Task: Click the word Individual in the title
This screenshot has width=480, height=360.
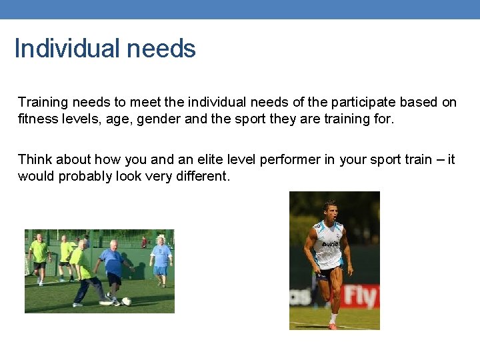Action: point(61,49)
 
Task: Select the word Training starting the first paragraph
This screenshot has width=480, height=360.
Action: point(42,102)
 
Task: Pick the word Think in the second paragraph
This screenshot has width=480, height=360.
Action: point(35,159)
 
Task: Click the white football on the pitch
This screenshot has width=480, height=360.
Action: point(126,301)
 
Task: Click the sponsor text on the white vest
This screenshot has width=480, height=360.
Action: point(331,244)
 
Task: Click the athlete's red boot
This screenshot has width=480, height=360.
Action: point(333,326)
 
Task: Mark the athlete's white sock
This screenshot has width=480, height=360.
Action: point(333,317)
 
